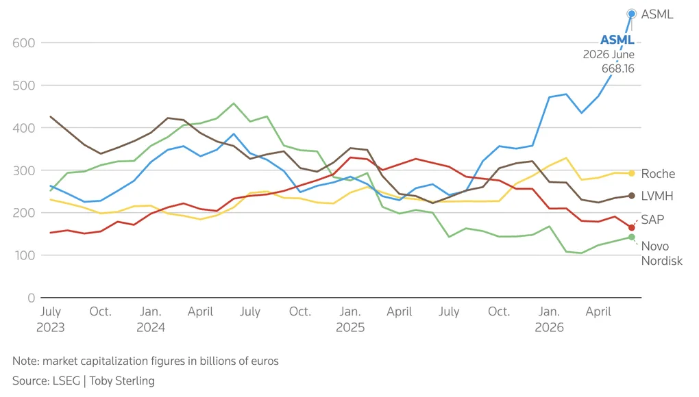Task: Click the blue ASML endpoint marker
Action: [631, 14]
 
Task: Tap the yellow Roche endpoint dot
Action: [631, 173]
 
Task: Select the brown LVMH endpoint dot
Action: [631, 196]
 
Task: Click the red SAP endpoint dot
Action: [631, 227]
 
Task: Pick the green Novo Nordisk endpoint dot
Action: [631, 237]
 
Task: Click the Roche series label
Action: [658, 174]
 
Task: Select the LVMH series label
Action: [657, 196]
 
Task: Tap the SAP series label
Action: [652, 220]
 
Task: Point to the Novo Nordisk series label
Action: [661, 253]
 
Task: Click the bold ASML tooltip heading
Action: [617, 40]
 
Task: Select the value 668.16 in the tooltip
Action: [618, 68]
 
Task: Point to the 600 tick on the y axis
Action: [23, 42]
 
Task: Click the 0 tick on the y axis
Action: [32, 298]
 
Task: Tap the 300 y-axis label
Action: [23, 170]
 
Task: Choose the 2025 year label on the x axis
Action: [350, 328]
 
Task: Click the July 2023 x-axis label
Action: [51, 320]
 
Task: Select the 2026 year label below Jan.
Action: [549, 328]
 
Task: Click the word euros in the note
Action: [265, 361]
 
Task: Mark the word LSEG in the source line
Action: [66, 381]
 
